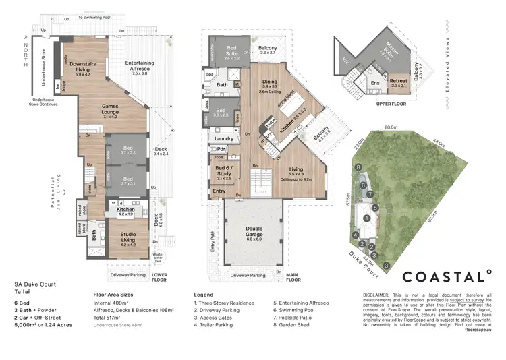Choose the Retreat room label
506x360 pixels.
(398, 82)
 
